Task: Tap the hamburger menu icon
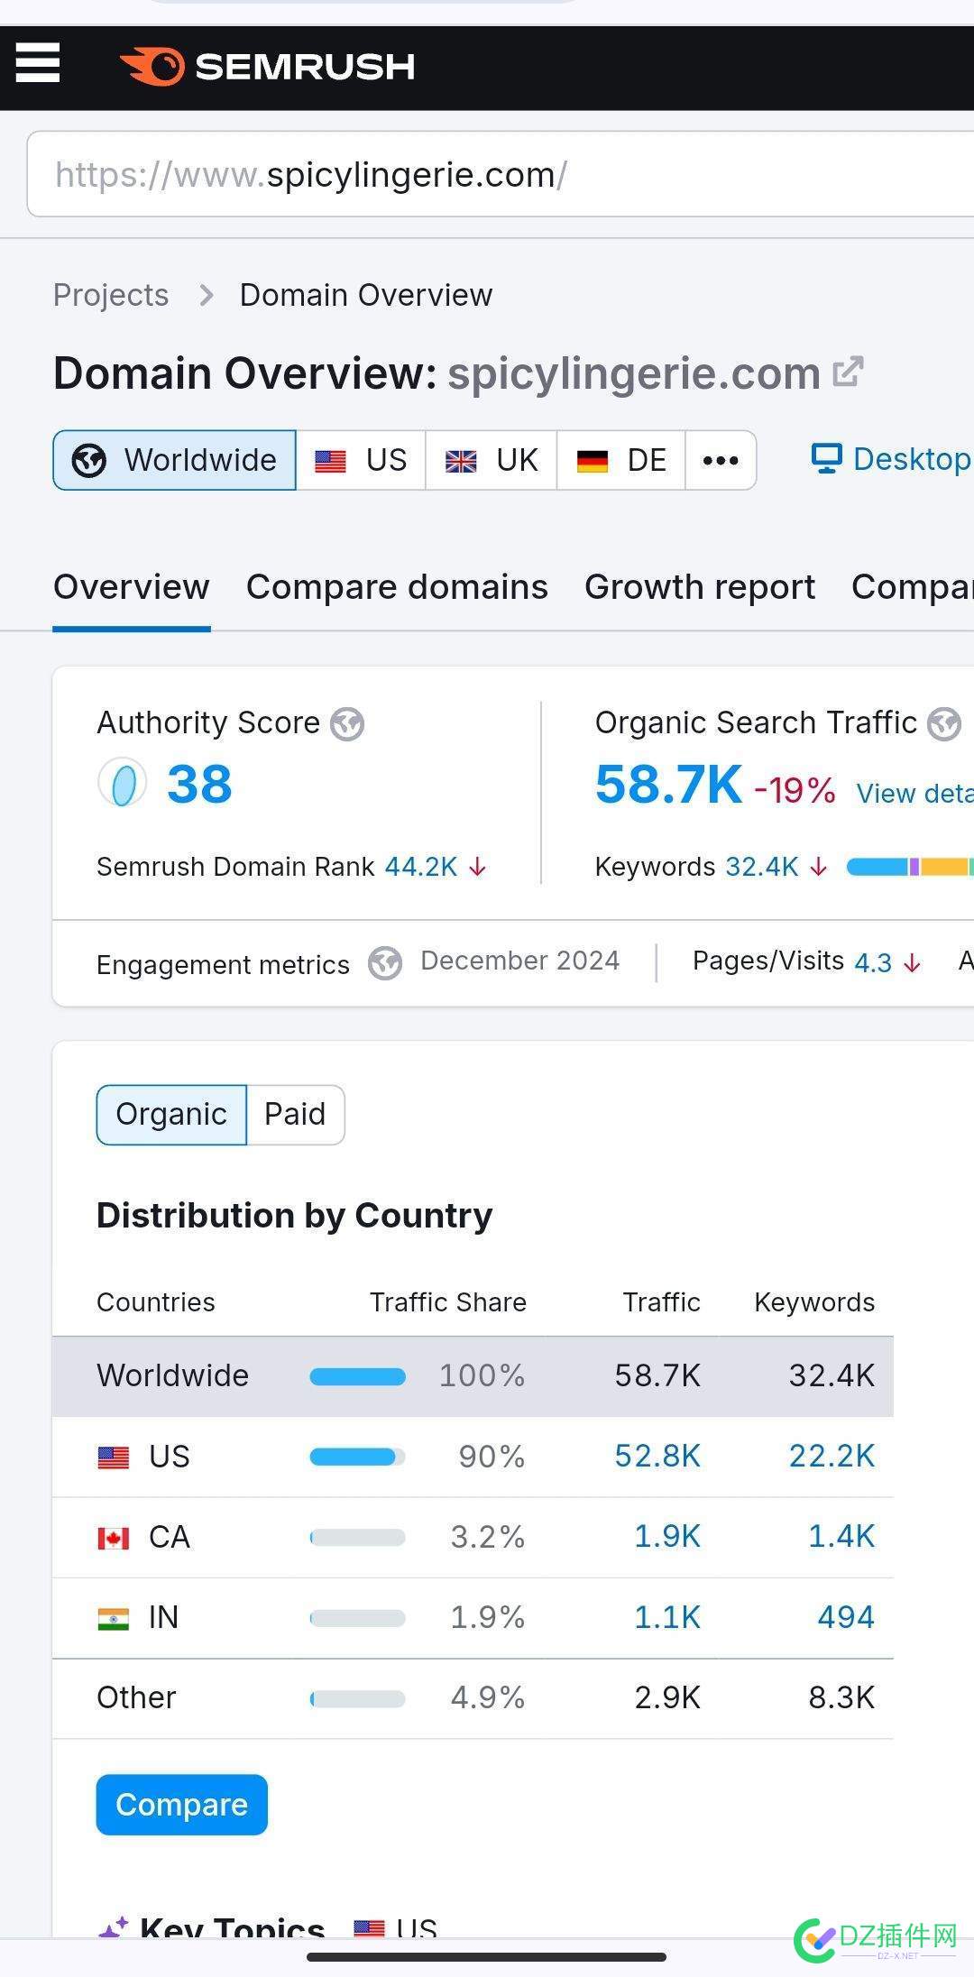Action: [x=38, y=63]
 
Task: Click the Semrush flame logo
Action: [x=152, y=67]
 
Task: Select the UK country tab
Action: [x=492, y=460]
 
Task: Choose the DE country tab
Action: [x=621, y=460]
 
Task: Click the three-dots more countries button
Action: [x=721, y=460]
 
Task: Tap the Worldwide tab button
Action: [x=175, y=460]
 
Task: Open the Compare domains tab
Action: [x=397, y=587]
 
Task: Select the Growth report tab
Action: [x=700, y=587]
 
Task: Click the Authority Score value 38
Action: [x=199, y=784]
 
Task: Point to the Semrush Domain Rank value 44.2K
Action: [x=421, y=867]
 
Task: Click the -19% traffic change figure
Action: [x=795, y=791]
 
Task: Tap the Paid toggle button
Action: [x=295, y=1114]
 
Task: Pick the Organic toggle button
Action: [x=171, y=1114]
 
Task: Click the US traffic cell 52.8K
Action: [x=657, y=1456]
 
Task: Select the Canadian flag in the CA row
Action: [x=114, y=1537]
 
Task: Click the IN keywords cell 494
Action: [x=846, y=1617]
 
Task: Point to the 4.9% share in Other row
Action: [x=488, y=1697]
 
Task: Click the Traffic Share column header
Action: [x=448, y=1302]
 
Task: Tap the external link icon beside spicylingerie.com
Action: [x=848, y=372]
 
